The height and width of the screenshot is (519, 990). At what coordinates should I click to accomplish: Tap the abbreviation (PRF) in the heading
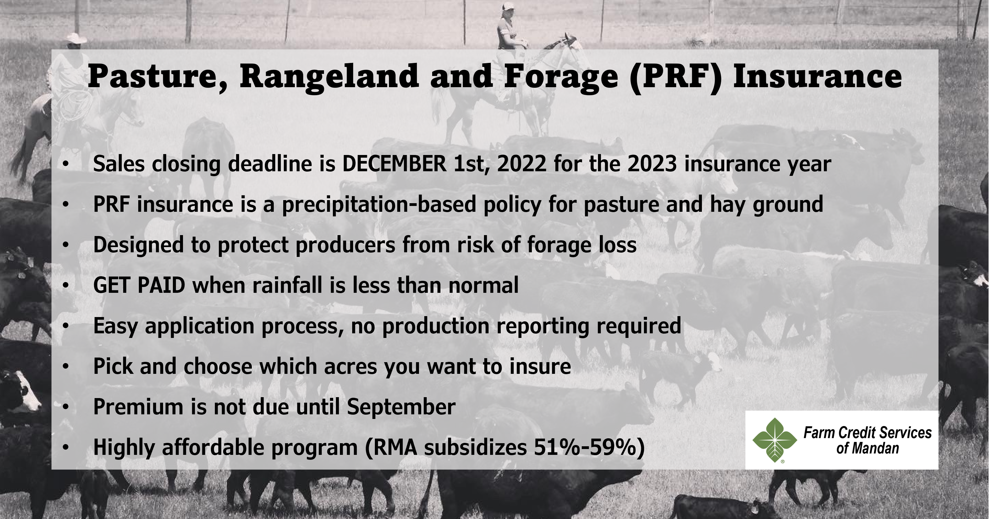click(x=675, y=76)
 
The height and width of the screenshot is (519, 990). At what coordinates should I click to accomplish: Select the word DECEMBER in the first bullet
click(x=394, y=164)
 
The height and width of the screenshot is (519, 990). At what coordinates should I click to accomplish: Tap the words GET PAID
click(x=139, y=285)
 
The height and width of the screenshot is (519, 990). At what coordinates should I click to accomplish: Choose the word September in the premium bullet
click(x=401, y=407)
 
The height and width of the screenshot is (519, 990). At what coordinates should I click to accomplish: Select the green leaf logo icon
click(x=775, y=440)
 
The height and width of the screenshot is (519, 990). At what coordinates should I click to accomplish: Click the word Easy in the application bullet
click(x=115, y=326)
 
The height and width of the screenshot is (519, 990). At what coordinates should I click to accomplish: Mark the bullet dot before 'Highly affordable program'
click(x=66, y=447)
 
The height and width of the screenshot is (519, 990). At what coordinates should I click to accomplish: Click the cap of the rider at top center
click(x=508, y=6)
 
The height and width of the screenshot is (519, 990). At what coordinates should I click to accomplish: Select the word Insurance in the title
click(x=817, y=76)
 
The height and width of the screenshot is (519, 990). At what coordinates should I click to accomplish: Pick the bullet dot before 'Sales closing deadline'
click(x=66, y=164)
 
